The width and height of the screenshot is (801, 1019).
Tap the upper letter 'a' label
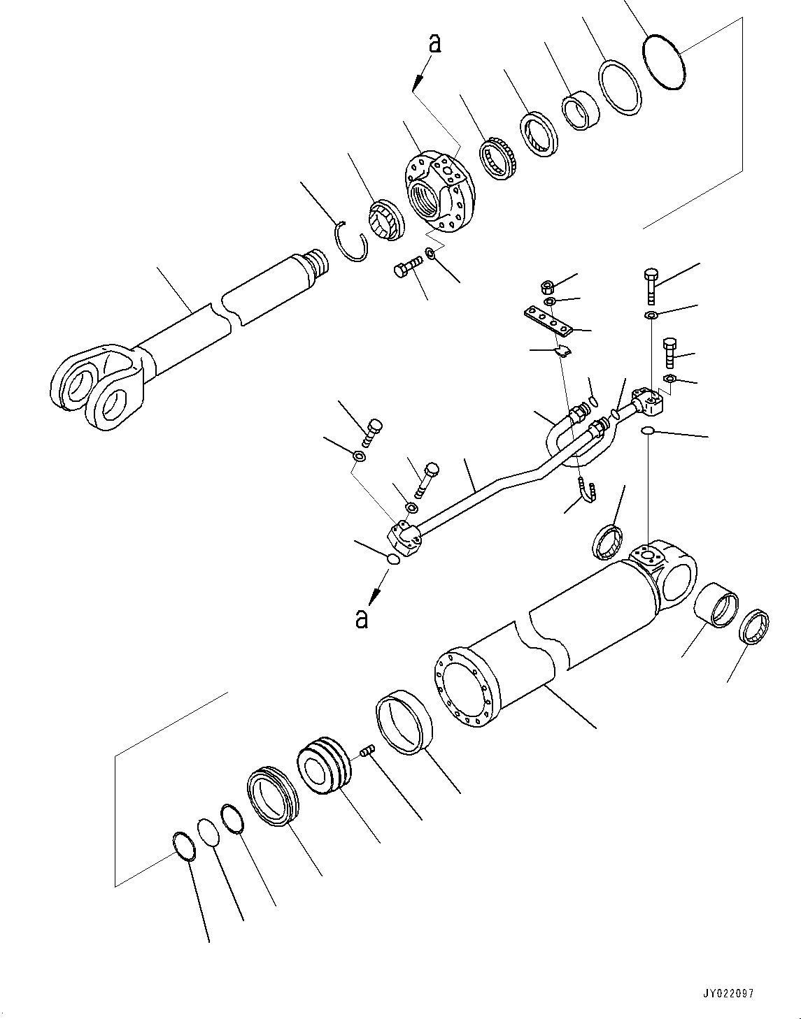point(434,43)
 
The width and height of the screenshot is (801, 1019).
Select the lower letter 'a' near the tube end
point(361,618)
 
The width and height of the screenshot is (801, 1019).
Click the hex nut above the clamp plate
point(548,287)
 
